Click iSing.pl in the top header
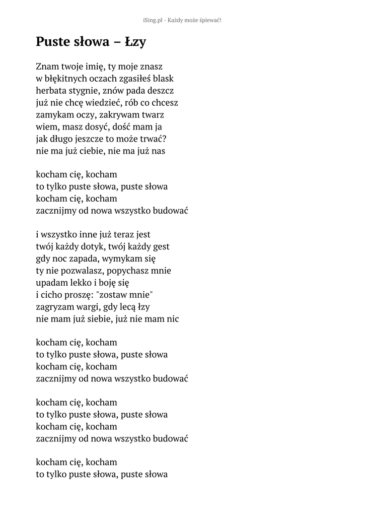click(155, 20)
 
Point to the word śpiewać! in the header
click(209, 20)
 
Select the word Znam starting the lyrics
click(47, 67)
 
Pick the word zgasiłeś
click(135, 79)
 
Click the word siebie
click(92, 318)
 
